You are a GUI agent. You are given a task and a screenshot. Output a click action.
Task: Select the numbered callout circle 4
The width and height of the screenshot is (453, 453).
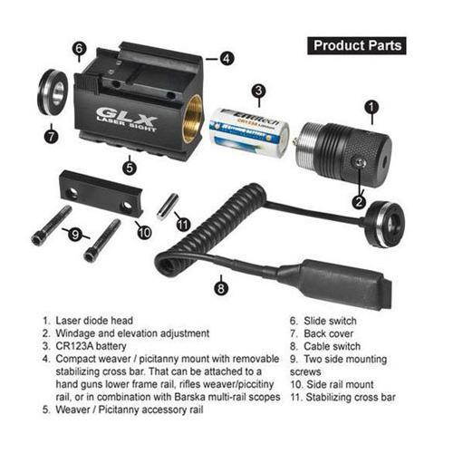point(226,57)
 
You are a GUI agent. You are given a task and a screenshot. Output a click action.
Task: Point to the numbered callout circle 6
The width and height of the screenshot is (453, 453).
point(80,48)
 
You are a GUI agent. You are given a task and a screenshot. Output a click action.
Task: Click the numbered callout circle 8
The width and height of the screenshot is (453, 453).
point(219,288)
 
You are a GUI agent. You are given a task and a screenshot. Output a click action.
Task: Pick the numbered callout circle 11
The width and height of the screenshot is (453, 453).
point(184,224)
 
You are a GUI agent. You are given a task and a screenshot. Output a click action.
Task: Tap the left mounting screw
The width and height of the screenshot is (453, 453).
point(51,224)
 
